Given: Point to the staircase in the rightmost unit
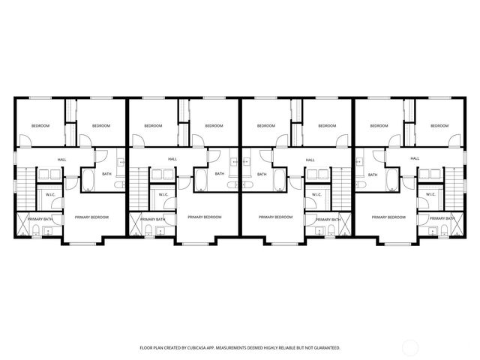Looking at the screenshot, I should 454,190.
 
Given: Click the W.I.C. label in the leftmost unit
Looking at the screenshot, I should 50,195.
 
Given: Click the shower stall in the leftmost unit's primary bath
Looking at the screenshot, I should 30,225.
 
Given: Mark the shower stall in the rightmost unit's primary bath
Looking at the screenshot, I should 451,225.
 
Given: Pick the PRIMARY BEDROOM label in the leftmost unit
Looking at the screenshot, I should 91,217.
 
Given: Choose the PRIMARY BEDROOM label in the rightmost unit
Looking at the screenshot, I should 388,217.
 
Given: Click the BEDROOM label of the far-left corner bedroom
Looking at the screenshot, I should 40,126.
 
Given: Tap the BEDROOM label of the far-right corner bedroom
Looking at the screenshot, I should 439,126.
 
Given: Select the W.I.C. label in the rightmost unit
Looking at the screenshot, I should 430,195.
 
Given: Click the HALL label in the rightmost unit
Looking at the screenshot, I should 415,159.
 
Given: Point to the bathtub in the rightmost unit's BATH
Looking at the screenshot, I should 391,181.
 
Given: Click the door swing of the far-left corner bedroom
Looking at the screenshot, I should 24,139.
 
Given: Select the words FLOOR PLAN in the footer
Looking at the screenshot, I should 153,348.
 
